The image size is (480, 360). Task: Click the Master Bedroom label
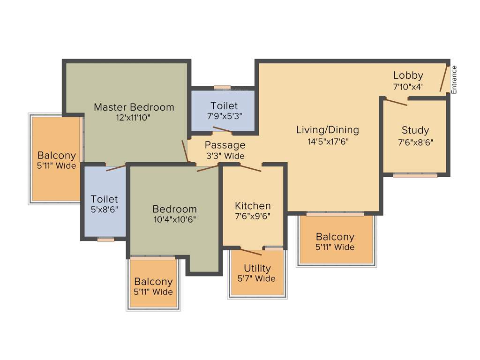(x=134, y=107)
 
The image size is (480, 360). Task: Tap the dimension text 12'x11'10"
(x=134, y=118)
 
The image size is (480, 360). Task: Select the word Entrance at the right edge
(x=454, y=79)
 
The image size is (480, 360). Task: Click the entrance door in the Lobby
(x=443, y=78)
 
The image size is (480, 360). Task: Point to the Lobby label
(x=408, y=75)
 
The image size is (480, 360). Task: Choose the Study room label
(x=415, y=130)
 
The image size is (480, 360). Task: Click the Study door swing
(x=395, y=101)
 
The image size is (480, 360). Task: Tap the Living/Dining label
(x=327, y=130)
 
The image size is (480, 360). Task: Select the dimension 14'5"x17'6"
(x=327, y=141)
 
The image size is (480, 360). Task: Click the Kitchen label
(x=253, y=206)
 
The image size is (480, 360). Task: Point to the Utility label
(x=257, y=268)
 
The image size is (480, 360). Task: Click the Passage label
(x=225, y=145)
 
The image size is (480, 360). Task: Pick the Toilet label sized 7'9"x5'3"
(x=224, y=105)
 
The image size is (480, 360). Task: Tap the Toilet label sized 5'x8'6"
(x=104, y=199)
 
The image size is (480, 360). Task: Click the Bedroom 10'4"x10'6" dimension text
(x=174, y=219)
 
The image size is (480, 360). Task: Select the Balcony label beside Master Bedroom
(x=56, y=155)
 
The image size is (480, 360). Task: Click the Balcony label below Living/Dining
(x=335, y=237)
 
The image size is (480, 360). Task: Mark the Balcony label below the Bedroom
(x=153, y=282)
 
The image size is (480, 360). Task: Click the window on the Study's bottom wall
(x=415, y=175)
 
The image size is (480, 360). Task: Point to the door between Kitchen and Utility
(x=251, y=251)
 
